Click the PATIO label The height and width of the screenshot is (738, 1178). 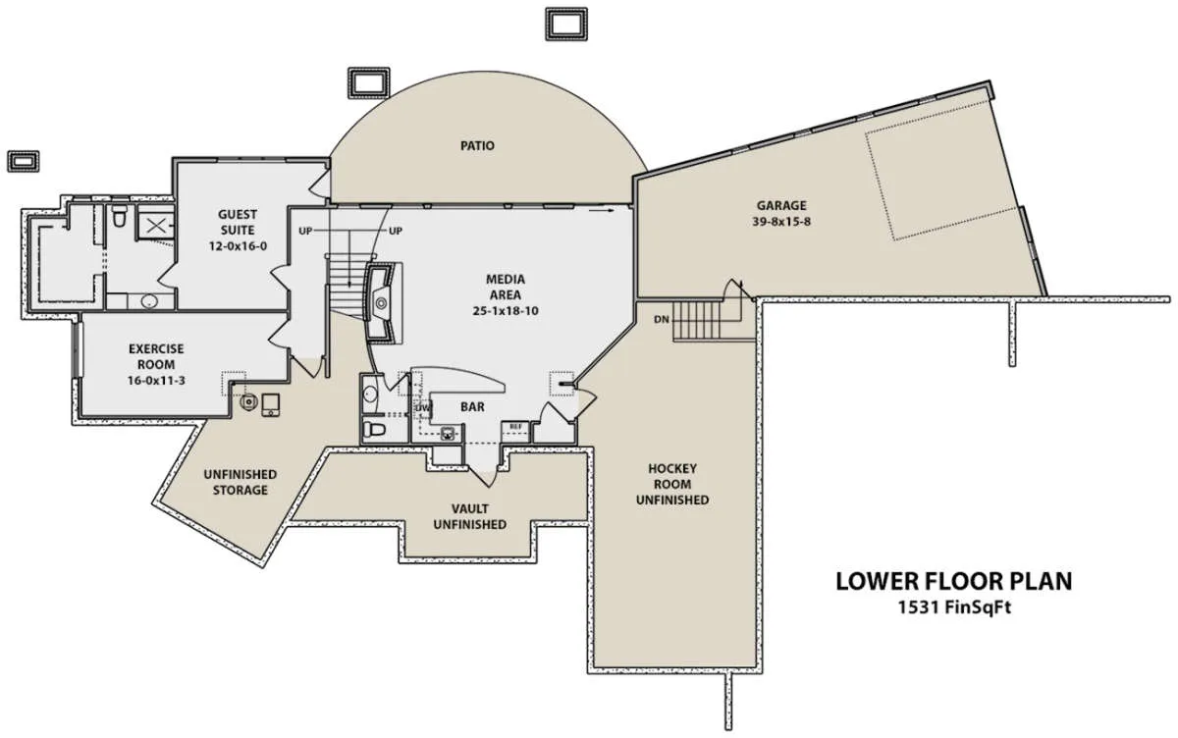477,145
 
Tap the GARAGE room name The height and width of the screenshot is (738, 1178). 781,205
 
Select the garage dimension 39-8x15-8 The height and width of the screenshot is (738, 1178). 781,222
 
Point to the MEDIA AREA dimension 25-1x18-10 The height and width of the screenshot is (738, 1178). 506,311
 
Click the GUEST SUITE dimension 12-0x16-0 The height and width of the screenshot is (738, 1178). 238,246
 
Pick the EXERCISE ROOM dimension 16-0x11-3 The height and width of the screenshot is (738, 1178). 156,381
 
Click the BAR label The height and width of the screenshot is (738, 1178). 472,407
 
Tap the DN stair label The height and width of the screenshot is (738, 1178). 662,319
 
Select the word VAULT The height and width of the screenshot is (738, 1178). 469,508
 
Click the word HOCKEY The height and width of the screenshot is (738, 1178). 672,468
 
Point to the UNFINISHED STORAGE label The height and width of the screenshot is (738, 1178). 241,482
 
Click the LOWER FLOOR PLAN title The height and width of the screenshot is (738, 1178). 954,581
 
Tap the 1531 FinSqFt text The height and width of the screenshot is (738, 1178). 954,607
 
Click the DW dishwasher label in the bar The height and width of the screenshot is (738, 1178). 423,408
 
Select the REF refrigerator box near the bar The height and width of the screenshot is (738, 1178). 515,427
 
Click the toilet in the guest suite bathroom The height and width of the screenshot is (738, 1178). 119,216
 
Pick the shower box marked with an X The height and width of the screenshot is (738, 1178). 155,227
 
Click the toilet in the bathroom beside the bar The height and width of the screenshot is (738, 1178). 374,430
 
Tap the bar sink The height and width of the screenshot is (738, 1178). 448,434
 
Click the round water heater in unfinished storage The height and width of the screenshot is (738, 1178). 248,402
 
